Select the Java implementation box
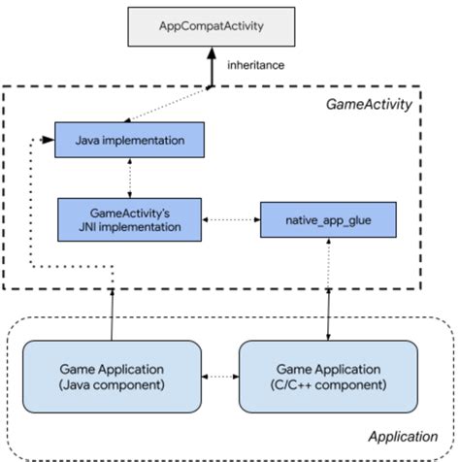pyautogui.click(x=130, y=141)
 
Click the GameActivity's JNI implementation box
pyautogui.click(x=129, y=217)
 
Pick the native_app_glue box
pyautogui.click(x=328, y=221)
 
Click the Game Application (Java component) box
pyautogui.click(x=113, y=376)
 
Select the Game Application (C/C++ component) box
pyautogui.click(x=329, y=376)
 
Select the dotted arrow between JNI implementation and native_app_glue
pyautogui.click(x=230, y=220)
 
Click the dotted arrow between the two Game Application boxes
pyautogui.click(x=221, y=377)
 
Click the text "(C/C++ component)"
pyautogui.click(x=329, y=385)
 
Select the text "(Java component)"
pyautogui.click(x=113, y=385)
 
